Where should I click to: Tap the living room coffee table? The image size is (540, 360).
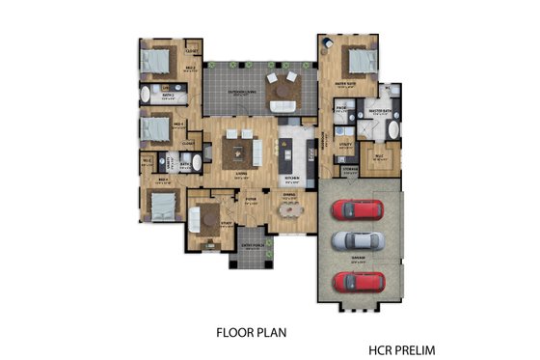pos(238,150)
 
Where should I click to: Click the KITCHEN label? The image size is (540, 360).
pos(286,179)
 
